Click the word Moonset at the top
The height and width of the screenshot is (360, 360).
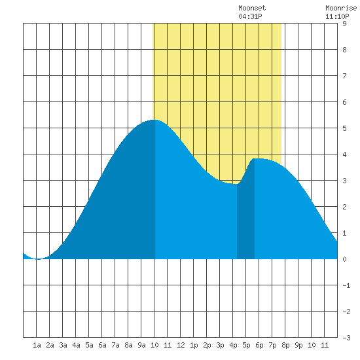point(252,8)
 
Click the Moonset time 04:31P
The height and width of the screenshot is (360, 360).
point(250,16)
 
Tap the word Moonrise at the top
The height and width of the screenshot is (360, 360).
point(341,8)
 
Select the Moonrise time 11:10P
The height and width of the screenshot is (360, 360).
point(337,16)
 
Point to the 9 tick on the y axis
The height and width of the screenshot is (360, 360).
point(344,24)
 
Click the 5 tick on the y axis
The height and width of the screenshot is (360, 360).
point(344,128)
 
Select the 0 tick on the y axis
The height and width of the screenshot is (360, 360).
point(344,259)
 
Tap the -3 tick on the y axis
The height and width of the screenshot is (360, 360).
point(346,338)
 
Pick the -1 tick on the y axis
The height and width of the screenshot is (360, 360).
point(346,285)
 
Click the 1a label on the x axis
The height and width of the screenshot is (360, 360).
point(37,345)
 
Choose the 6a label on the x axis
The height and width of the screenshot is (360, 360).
point(102,345)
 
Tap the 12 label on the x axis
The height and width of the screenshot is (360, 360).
point(181,345)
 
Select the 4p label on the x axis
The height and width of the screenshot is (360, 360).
point(233,345)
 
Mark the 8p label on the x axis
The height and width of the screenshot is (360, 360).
point(285,345)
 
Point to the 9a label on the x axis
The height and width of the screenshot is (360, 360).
point(141,345)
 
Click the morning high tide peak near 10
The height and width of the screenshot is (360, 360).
point(155,120)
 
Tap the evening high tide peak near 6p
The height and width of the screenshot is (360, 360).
point(255,158)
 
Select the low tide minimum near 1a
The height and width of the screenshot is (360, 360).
point(38,259)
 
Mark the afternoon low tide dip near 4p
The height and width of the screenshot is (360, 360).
point(236,184)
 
